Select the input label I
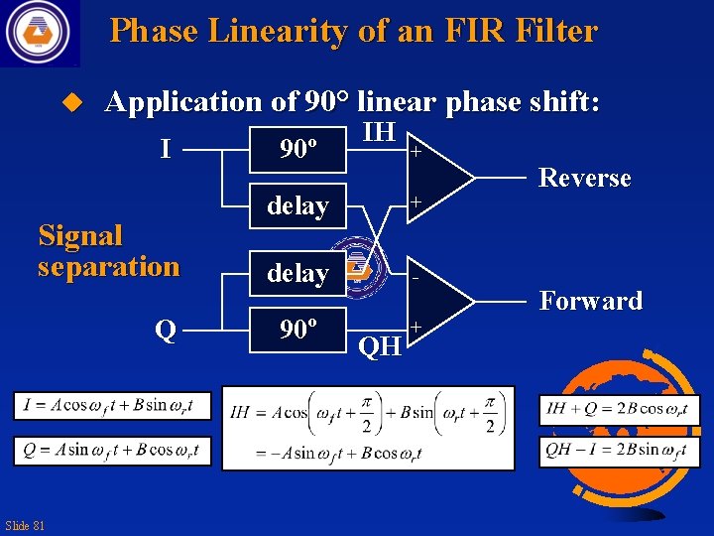(165, 150)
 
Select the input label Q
(165, 330)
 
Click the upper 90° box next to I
(297, 150)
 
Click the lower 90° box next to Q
(297, 330)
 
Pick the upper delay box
(297, 205)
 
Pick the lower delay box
(297, 273)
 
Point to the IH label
(380, 132)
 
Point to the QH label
(380, 346)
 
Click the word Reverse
(584, 179)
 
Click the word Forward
(591, 301)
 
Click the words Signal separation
(108, 251)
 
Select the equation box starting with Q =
(111, 450)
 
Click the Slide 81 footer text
(25, 525)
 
